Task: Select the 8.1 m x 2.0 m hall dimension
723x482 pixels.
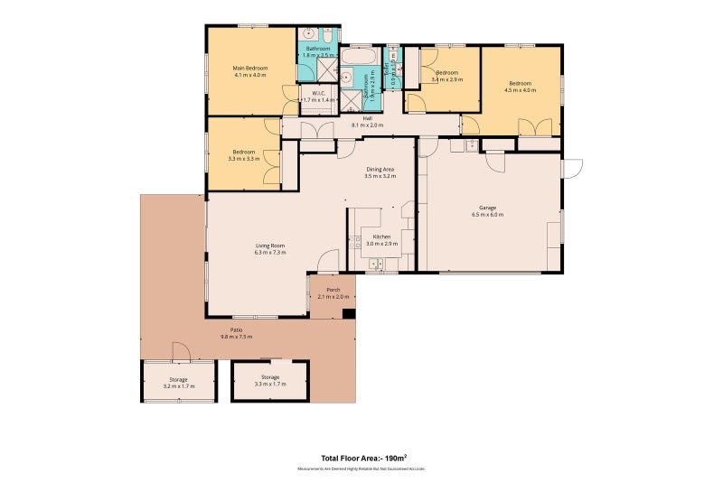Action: tap(367, 125)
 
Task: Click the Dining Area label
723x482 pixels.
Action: tap(380, 169)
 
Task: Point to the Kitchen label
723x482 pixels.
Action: tap(380, 236)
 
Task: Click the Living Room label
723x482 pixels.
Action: tap(270, 246)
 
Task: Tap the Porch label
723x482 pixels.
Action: tap(333, 290)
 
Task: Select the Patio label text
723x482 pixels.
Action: tap(236, 330)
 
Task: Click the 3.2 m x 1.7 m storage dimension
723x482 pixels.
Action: tap(178, 385)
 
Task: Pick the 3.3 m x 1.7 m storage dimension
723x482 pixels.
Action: tap(270, 384)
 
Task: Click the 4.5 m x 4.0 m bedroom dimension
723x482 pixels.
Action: tap(521, 89)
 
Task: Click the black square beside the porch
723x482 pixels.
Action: tap(349, 314)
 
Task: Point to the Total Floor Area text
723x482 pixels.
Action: tap(361, 458)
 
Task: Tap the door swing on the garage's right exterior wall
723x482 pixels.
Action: tap(572, 169)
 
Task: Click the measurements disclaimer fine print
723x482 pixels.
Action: tap(361, 468)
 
